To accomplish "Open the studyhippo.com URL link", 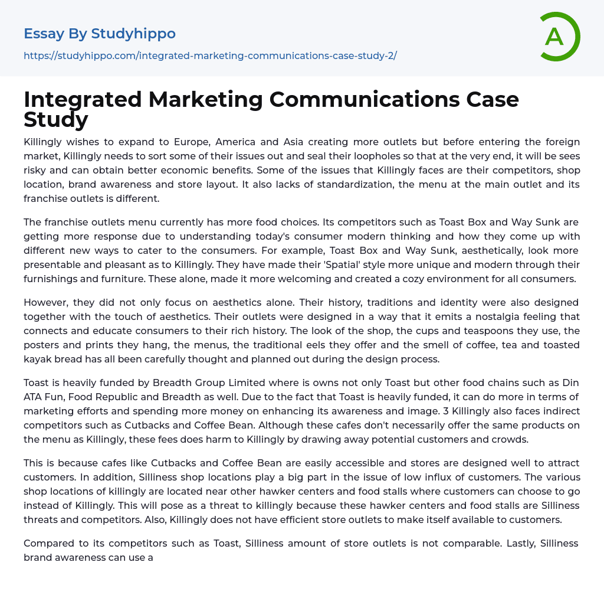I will pyautogui.click(x=210, y=55).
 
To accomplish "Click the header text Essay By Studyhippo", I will pyautogui.click(x=100, y=34).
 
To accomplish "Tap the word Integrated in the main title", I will pyautogui.click(x=83, y=100).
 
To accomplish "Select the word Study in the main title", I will pyautogui.click(x=56, y=119).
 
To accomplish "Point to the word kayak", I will pyautogui.click(x=38, y=359).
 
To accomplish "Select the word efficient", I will pyautogui.click(x=239, y=519).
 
